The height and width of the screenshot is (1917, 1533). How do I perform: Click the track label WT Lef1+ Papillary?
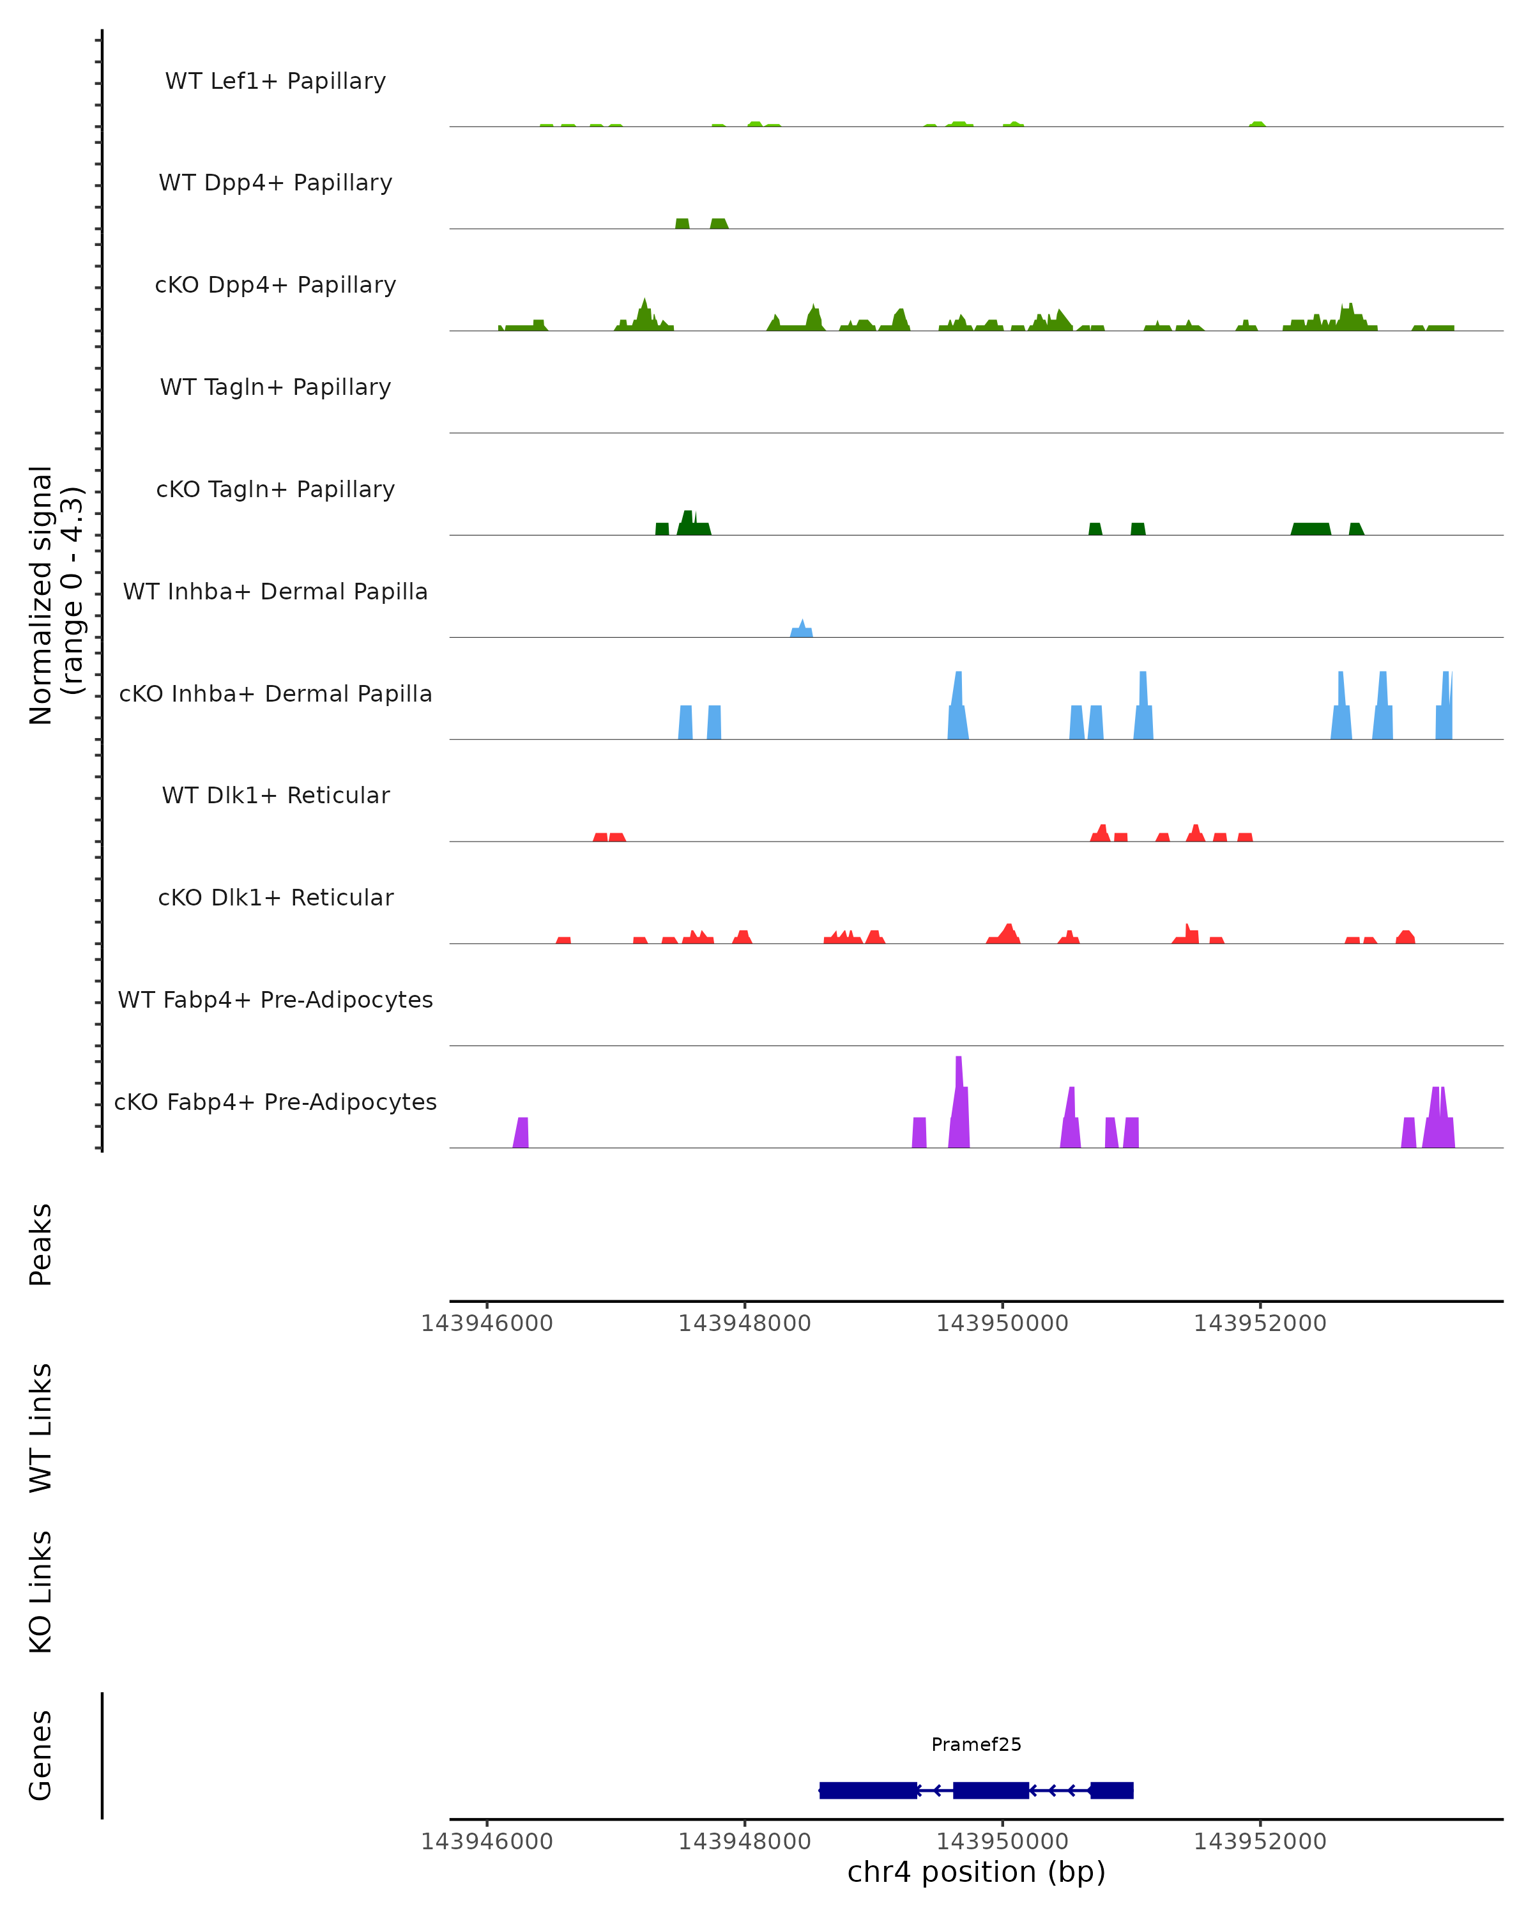click(275, 81)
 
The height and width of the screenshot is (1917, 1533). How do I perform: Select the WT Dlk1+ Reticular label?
click(275, 795)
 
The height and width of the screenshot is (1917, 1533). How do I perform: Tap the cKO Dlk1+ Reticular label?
click(275, 897)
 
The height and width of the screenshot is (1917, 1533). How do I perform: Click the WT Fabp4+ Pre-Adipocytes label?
click(275, 999)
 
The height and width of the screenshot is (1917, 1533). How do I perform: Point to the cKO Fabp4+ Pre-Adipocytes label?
click(275, 1102)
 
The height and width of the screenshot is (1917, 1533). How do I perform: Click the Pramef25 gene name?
click(976, 1744)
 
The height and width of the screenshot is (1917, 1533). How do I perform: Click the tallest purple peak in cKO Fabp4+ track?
click(959, 1102)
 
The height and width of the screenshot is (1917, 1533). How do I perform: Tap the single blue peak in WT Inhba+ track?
click(802, 629)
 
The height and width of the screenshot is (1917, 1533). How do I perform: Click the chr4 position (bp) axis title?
click(976, 1872)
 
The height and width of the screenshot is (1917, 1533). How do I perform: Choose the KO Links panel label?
click(41, 1592)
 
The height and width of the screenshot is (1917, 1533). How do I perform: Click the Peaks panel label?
click(41, 1245)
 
